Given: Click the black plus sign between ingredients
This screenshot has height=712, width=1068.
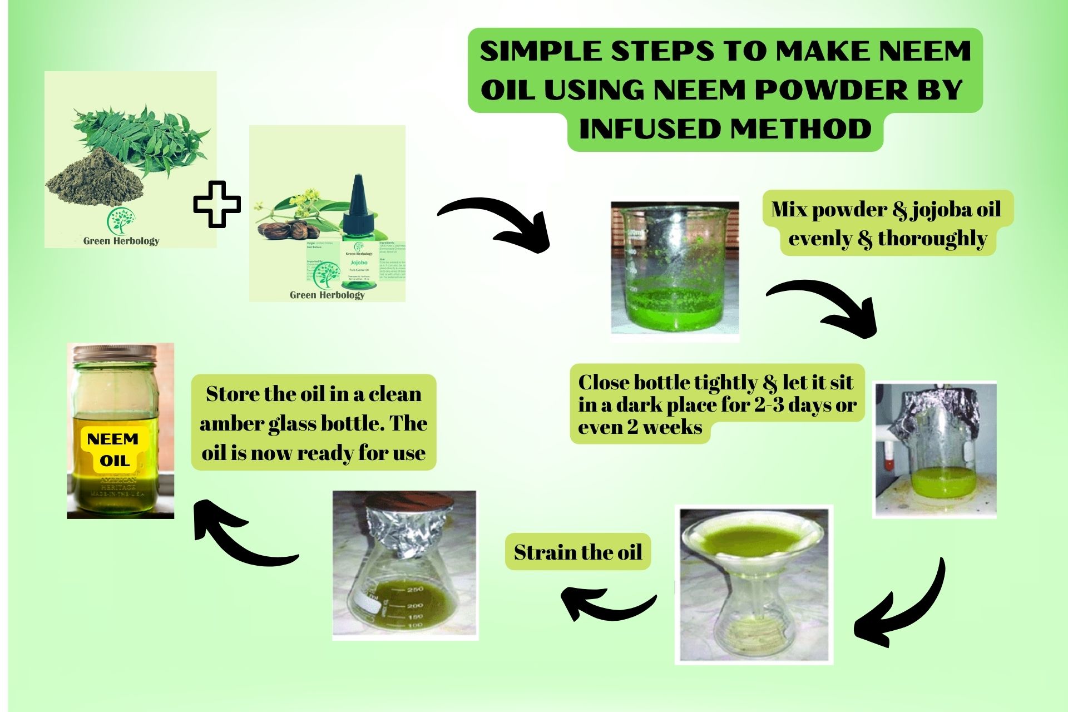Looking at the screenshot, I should tap(217, 204).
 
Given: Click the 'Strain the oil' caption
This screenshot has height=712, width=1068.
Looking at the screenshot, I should tap(577, 552).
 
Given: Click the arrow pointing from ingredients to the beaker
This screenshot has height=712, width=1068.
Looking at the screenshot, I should tap(495, 222).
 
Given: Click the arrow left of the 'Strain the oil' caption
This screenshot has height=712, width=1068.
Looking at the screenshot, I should tap(604, 604).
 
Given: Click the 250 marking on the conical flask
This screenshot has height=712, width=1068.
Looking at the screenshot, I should tap(416, 589).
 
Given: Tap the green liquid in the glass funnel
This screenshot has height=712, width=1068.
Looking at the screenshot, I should tap(754, 538).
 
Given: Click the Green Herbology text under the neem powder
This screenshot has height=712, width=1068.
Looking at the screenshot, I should tap(121, 241).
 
